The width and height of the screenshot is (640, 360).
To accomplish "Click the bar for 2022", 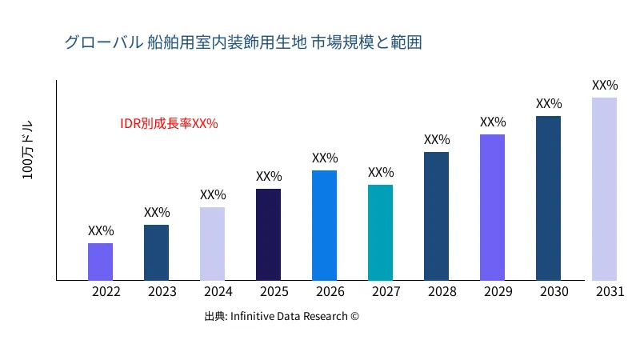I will point(100,262).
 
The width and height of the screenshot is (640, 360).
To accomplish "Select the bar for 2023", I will point(156,253).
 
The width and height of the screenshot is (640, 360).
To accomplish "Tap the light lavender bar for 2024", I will point(212,244).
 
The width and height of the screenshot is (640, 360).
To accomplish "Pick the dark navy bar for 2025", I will point(268,234).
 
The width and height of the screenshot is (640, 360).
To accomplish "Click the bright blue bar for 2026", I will point(324,226).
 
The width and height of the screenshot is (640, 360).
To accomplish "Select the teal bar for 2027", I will point(380,233).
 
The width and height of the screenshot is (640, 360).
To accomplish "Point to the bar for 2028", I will point(436,216).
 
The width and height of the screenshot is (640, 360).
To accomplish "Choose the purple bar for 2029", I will point(492,207).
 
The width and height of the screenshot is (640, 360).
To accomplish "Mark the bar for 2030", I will point(548,198).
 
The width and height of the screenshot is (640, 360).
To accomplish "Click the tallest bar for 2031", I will point(604,189).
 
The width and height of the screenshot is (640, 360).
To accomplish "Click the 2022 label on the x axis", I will point(106,292).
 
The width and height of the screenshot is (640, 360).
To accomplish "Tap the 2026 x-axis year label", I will point(330,292).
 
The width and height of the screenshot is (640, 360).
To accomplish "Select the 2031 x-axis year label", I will point(610,292).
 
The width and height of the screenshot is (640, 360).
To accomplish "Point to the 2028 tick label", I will point(442,292).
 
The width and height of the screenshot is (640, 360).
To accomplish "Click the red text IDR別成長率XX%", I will point(169,124).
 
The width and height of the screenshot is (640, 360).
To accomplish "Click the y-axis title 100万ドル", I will point(28,151).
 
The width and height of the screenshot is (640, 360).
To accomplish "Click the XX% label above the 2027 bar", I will point(381,173).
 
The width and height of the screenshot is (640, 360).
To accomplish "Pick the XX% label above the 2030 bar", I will point(549,104).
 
